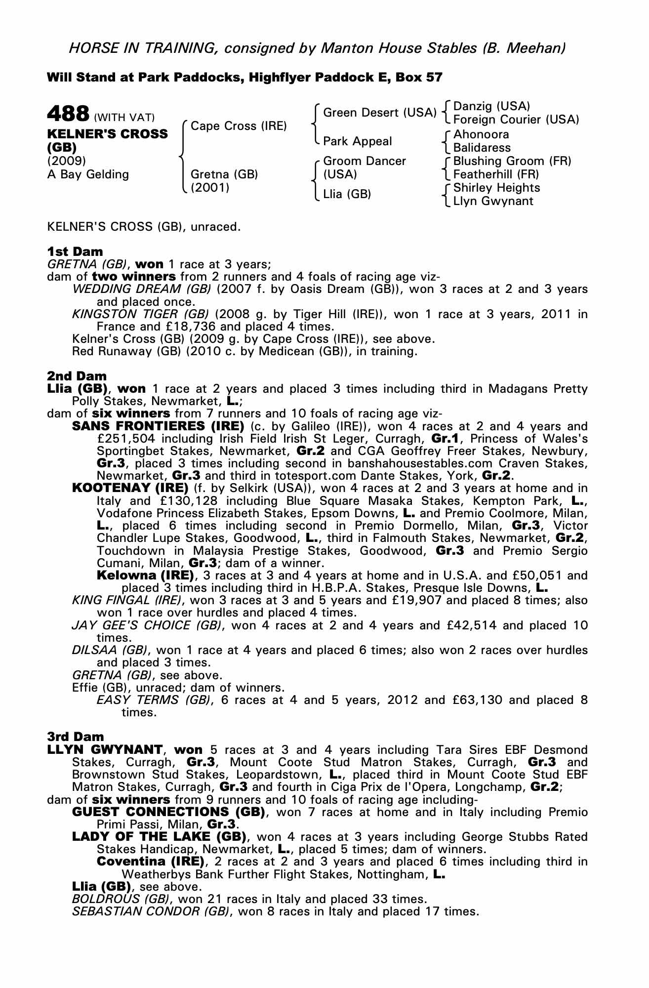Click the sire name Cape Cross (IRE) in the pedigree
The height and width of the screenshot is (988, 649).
(x=239, y=126)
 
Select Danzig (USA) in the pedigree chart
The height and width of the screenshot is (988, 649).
(x=491, y=106)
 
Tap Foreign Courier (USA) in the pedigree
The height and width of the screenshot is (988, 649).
(x=516, y=120)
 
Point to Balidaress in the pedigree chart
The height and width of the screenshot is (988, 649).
(x=482, y=148)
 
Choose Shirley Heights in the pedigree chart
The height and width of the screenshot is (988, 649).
(x=496, y=188)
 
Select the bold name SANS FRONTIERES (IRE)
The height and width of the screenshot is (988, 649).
(x=158, y=426)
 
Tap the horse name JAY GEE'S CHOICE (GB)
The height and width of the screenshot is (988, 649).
(x=147, y=626)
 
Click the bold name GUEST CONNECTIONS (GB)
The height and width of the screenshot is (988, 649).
(x=167, y=812)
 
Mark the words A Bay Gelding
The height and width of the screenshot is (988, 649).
(x=88, y=174)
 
